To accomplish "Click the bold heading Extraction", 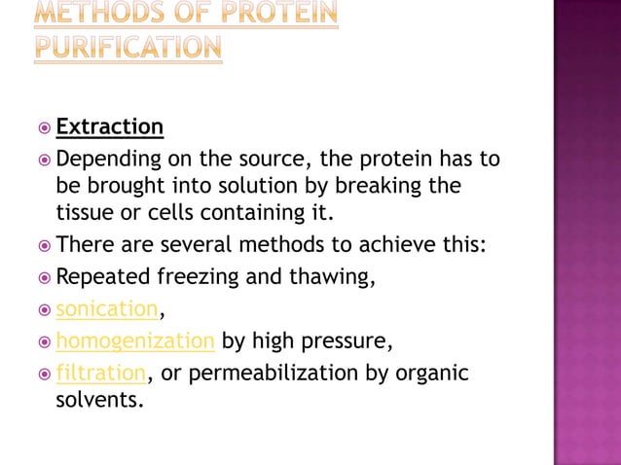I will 110,126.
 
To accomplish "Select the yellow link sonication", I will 106,309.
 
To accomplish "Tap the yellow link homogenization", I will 135,341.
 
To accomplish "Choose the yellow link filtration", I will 101,373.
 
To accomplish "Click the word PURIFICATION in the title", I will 128,48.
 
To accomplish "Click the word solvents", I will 99,400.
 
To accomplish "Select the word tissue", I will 83,212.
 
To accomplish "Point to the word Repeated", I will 100,277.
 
